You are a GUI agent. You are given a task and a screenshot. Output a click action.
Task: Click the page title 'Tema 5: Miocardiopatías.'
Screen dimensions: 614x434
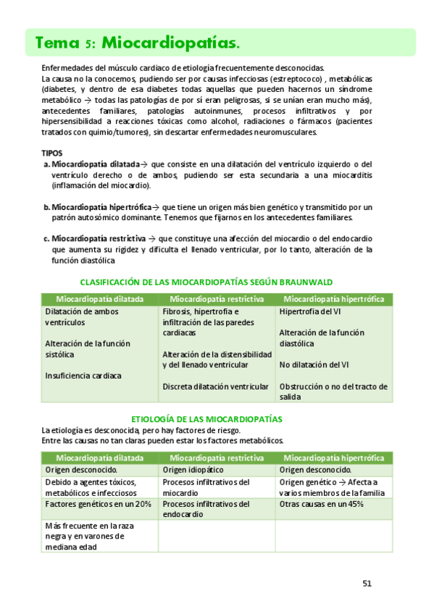tap(138, 43)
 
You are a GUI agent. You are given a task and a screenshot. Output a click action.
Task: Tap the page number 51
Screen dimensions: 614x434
tap(367, 583)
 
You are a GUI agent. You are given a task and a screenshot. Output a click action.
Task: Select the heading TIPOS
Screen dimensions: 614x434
tap(53, 153)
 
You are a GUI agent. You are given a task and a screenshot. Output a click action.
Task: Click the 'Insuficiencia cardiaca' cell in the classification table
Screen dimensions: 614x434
tap(83, 376)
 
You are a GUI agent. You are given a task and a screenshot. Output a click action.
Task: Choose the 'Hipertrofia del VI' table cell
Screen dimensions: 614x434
tap(311, 312)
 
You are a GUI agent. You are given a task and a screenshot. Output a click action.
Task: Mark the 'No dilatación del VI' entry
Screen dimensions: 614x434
tap(314, 365)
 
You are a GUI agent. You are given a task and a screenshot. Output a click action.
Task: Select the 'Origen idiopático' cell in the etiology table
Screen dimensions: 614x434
tap(194, 470)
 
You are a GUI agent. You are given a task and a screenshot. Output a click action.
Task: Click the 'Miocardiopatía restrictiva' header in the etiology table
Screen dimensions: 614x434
tap(216, 458)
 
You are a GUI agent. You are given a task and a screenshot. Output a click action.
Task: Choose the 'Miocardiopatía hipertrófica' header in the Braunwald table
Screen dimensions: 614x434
tap(333, 299)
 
